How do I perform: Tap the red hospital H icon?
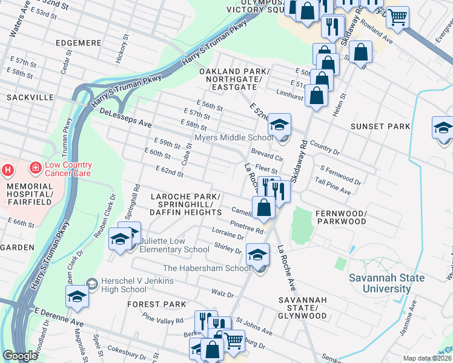(x=7, y=170)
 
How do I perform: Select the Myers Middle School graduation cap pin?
(x=279, y=125)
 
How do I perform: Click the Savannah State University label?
(x=386, y=283)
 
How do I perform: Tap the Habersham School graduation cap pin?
(x=257, y=255)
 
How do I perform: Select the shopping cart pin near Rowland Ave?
(x=398, y=17)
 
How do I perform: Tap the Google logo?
(x=20, y=356)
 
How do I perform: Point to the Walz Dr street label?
(x=222, y=294)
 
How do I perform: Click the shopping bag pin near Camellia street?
(x=263, y=208)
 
